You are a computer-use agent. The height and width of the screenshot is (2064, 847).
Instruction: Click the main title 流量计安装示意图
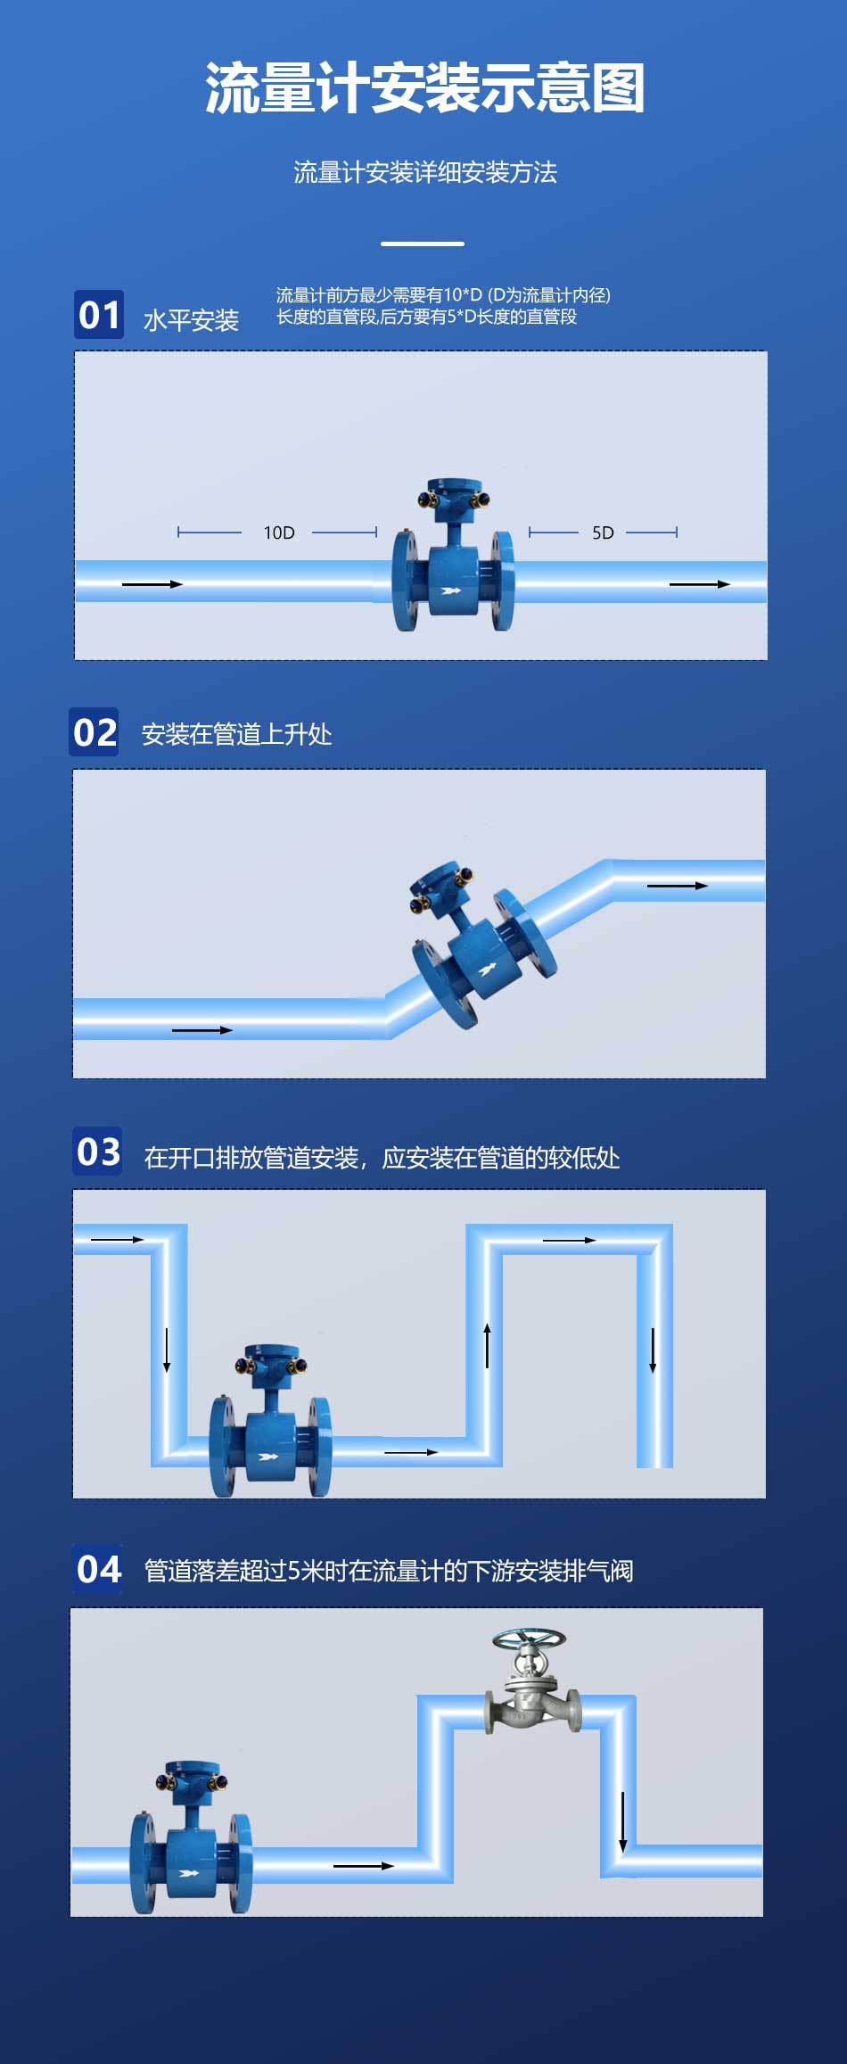point(424,88)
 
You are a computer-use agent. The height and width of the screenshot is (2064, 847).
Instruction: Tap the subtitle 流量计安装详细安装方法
point(424,172)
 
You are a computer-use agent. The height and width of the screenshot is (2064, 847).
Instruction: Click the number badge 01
point(98,315)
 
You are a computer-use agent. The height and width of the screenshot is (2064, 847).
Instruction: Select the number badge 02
point(95,732)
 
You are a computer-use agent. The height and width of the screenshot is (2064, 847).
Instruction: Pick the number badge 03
point(98,1152)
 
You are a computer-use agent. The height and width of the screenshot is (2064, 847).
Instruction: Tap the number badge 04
point(98,1569)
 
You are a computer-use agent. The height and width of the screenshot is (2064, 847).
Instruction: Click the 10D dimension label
point(278,533)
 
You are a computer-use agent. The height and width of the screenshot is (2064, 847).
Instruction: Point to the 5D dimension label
point(603,533)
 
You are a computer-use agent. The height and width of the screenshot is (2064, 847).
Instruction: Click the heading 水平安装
point(191,320)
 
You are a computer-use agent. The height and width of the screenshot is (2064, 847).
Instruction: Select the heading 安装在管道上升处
point(236,734)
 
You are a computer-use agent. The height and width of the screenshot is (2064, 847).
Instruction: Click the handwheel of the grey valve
point(530,1639)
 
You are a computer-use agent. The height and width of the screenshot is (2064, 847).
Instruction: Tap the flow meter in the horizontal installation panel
point(453,562)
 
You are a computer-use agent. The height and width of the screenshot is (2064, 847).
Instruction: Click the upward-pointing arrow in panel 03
point(487,1345)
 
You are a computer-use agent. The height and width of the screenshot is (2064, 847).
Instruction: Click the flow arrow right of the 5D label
point(699,584)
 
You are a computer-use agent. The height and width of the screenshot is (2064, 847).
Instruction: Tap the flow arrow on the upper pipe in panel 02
point(677,886)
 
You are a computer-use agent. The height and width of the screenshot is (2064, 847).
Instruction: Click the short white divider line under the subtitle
point(423,244)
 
